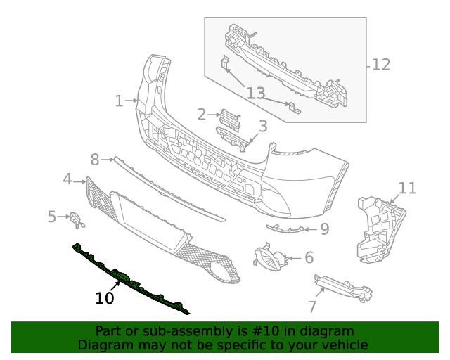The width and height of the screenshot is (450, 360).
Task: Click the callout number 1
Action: pos(119,101)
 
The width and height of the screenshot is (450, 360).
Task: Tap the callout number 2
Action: pos(201,115)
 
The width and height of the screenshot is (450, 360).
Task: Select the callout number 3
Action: pos(263,127)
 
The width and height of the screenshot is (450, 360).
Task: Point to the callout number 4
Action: pos(67,179)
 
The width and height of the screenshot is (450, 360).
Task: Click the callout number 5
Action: pos(52,217)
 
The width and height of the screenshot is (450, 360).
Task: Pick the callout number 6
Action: pos(309,258)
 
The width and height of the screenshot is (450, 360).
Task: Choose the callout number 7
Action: pos(312,307)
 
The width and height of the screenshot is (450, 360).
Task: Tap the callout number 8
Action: pos(95,160)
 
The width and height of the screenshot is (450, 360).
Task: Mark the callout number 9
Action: pos(324,229)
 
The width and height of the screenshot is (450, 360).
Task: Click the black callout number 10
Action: pos(104,298)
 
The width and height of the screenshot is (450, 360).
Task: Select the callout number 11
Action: pos(408,188)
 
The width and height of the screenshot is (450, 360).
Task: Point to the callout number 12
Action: pos(380,65)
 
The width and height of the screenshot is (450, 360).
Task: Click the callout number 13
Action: pos(256,94)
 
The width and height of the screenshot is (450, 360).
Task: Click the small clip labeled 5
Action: pos(77,220)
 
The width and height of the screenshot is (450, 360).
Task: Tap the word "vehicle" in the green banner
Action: pos(341,345)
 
